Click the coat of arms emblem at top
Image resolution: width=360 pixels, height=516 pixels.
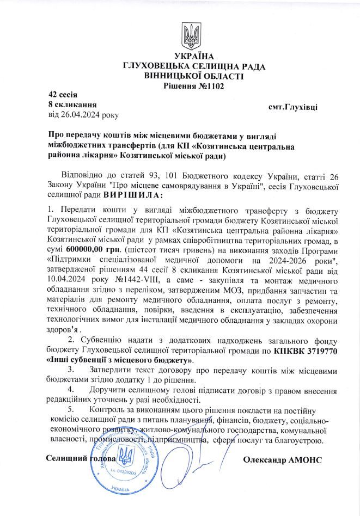191,36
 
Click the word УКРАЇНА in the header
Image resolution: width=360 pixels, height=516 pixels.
194,57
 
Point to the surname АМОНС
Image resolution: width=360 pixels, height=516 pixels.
302,460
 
